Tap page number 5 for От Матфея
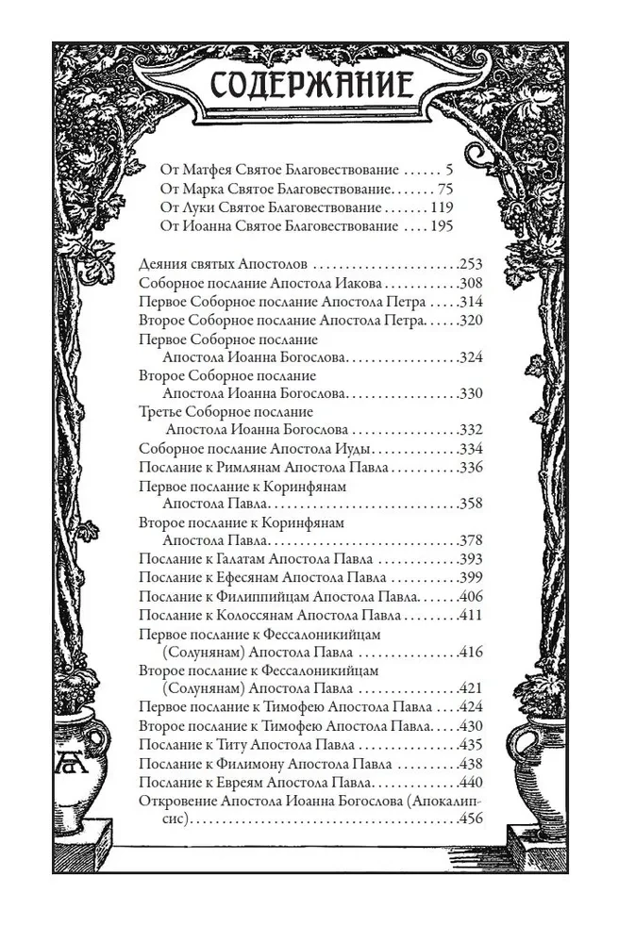[450, 170]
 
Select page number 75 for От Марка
[445, 189]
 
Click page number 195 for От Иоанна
[440, 226]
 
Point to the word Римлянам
[241, 468]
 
